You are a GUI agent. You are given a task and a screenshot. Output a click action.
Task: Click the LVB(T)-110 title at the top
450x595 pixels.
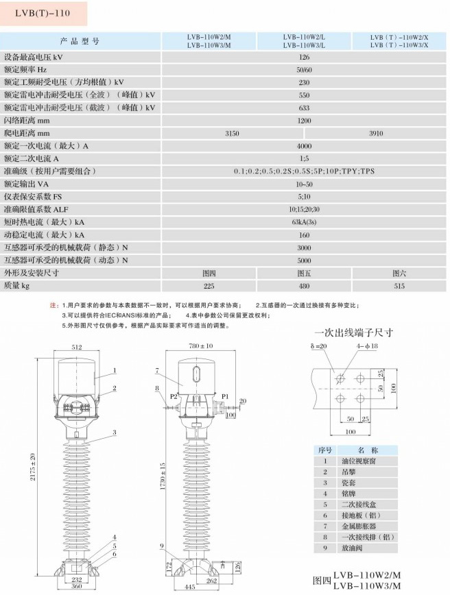[43, 13]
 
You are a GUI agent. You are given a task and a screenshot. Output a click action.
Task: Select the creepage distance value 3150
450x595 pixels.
[232, 133]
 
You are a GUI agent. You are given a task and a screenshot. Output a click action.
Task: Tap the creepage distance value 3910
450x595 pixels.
[376, 133]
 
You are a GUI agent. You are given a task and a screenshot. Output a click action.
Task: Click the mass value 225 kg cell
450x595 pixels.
[209, 286]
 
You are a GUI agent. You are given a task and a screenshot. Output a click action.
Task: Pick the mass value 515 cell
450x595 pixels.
[399, 286]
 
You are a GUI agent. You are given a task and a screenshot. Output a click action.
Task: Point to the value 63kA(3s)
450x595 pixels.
[304, 222]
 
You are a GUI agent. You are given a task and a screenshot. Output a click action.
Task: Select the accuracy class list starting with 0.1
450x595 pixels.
[304, 171]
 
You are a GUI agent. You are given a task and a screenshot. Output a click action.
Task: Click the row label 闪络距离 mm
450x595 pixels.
[27, 121]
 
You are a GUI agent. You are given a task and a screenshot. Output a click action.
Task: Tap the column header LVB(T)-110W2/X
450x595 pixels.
[399, 38]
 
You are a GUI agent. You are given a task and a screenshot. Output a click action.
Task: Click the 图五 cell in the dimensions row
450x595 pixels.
[304, 274]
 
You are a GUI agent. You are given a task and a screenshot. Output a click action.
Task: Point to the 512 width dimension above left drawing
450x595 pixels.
[77, 347]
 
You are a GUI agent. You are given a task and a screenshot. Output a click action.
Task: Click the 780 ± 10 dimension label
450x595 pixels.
[201, 345]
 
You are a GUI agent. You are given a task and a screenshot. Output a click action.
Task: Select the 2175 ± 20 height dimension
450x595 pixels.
[33, 467]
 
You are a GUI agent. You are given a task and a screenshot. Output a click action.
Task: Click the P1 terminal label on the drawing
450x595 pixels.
[225, 396]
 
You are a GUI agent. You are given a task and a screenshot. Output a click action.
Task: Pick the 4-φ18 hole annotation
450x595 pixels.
[367, 346]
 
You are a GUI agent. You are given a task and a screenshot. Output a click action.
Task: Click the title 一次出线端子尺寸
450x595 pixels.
[354, 332]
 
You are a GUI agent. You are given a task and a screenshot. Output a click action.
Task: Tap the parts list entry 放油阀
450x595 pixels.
[352, 548]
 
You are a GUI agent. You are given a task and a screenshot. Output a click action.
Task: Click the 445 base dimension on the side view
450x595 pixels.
[189, 587]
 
